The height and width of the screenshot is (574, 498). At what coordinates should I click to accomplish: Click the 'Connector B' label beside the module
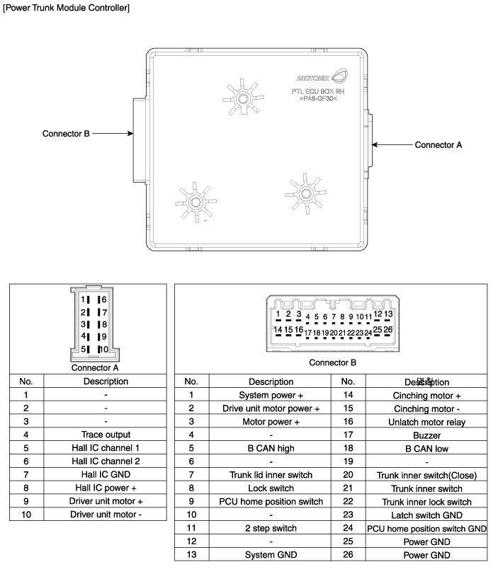(x=66, y=133)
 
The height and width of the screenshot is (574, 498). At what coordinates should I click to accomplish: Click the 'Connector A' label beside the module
(x=438, y=144)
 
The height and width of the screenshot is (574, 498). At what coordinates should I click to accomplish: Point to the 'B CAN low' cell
(x=426, y=448)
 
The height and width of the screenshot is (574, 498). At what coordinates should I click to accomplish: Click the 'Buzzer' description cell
(x=426, y=435)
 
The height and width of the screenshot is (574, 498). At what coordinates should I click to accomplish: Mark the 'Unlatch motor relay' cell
(x=426, y=422)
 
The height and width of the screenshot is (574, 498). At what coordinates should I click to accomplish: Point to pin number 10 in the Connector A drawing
(x=103, y=349)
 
